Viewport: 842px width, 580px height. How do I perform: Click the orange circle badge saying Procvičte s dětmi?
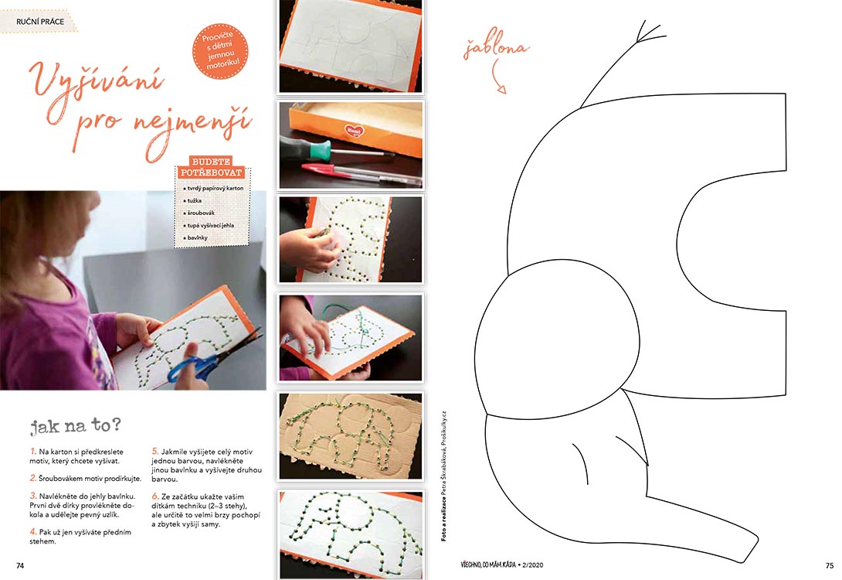[221, 51]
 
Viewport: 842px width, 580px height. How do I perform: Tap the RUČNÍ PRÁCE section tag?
[39, 22]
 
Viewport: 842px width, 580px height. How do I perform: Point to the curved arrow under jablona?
[497, 77]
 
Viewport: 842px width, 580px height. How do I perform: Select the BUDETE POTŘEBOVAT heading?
[211, 167]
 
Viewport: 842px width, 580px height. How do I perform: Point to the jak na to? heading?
[75, 426]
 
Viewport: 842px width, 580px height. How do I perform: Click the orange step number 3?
[33, 496]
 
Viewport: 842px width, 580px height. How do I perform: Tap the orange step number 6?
[155, 496]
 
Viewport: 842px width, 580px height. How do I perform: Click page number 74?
[20, 565]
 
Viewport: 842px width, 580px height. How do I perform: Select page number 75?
[830, 565]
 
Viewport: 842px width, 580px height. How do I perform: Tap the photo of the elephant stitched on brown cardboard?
[351, 436]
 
